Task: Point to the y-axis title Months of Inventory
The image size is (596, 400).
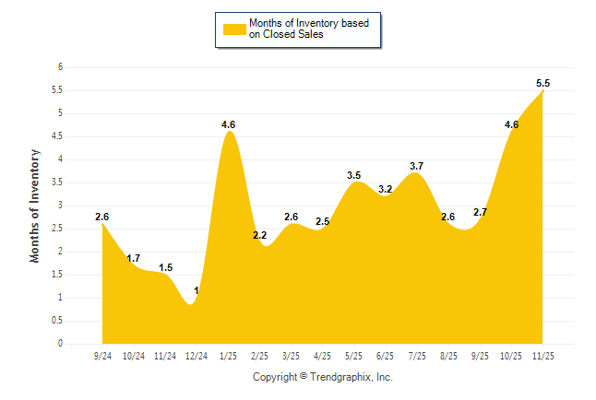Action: click(x=35, y=206)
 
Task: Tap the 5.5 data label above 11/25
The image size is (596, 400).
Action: click(x=543, y=84)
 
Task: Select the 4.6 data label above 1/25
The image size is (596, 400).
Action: click(x=229, y=124)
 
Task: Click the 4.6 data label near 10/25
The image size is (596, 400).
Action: click(x=511, y=124)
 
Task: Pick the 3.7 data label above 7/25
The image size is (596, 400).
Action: click(x=417, y=166)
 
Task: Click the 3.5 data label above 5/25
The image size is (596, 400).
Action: click(x=353, y=175)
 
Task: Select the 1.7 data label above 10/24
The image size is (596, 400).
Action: click(x=134, y=258)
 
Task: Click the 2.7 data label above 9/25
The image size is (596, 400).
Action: click(x=481, y=212)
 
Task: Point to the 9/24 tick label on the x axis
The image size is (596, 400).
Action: click(x=102, y=355)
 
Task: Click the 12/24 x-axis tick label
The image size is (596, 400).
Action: click(x=197, y=355)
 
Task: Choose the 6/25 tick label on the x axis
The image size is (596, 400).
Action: click(x=386, y=355)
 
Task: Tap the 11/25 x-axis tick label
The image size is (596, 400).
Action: click(x=543, y=355)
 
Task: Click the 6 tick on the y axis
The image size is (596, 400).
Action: click(x=60, y=67)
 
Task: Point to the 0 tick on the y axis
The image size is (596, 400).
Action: click(x=60, y=344)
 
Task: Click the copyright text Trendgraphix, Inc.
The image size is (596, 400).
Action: click(x=323, y=377)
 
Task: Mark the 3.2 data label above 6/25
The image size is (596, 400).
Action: click(x=386, y=189)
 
